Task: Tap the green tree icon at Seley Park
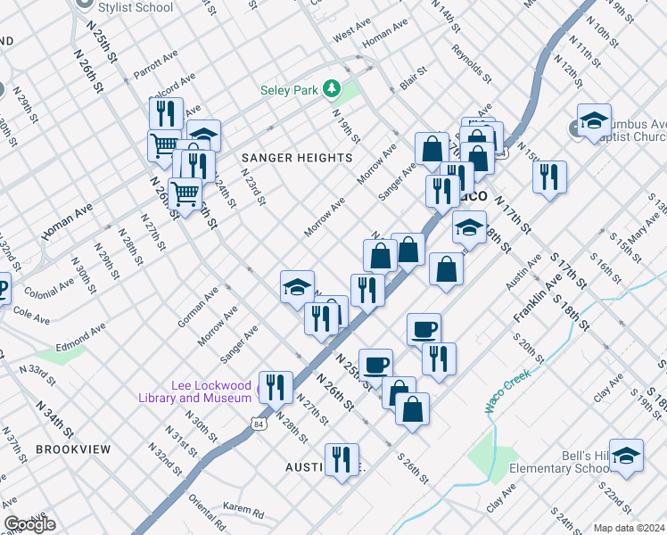(x=332, y=88)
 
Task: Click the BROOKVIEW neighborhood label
(x=74, y=449)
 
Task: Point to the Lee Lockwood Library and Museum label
(x=196, y=391)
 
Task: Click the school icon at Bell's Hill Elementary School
(x=626, y=456)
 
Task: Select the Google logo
(x=29, y=524)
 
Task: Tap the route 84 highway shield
(x=257, y=417)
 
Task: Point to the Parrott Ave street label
(x=156, y=62)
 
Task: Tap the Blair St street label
(x=414, y=78)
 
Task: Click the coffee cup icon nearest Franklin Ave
(x=424, y=329)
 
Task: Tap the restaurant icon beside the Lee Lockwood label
(x=275, y=387)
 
